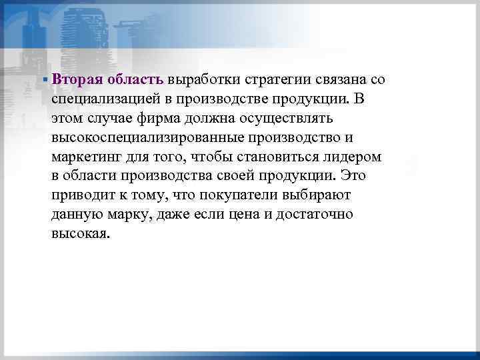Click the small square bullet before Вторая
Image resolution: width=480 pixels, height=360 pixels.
point(44,79)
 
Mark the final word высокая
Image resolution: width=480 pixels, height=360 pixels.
point(77,234)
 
